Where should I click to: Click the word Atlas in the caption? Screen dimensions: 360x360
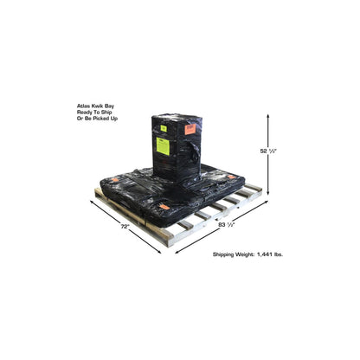coord(82,106)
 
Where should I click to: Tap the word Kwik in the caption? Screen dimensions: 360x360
coord(96,106)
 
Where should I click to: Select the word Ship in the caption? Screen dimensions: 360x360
coord(106,112)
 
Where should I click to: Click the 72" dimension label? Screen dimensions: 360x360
coord(125,227)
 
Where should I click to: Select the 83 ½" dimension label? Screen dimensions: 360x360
coord(227,225)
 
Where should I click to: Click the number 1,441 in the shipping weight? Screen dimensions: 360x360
coord(265,254)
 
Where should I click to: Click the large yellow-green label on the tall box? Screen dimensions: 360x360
coord(163,146)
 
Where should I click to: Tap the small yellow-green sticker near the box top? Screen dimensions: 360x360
coord(164,128)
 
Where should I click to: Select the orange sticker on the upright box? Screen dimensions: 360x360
coord(190,129)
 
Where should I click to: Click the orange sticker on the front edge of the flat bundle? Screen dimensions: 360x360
coord(164,207)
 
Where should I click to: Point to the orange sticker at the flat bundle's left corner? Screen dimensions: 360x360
coord(115,180)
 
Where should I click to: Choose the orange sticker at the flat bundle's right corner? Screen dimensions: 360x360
coord(231,177)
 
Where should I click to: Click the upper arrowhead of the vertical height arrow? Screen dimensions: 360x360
coord(268,116)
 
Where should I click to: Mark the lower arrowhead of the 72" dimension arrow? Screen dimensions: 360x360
coord(159,252)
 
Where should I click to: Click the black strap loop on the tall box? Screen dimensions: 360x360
coord(194,150)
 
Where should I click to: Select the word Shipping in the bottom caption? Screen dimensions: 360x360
coord(223,254)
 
